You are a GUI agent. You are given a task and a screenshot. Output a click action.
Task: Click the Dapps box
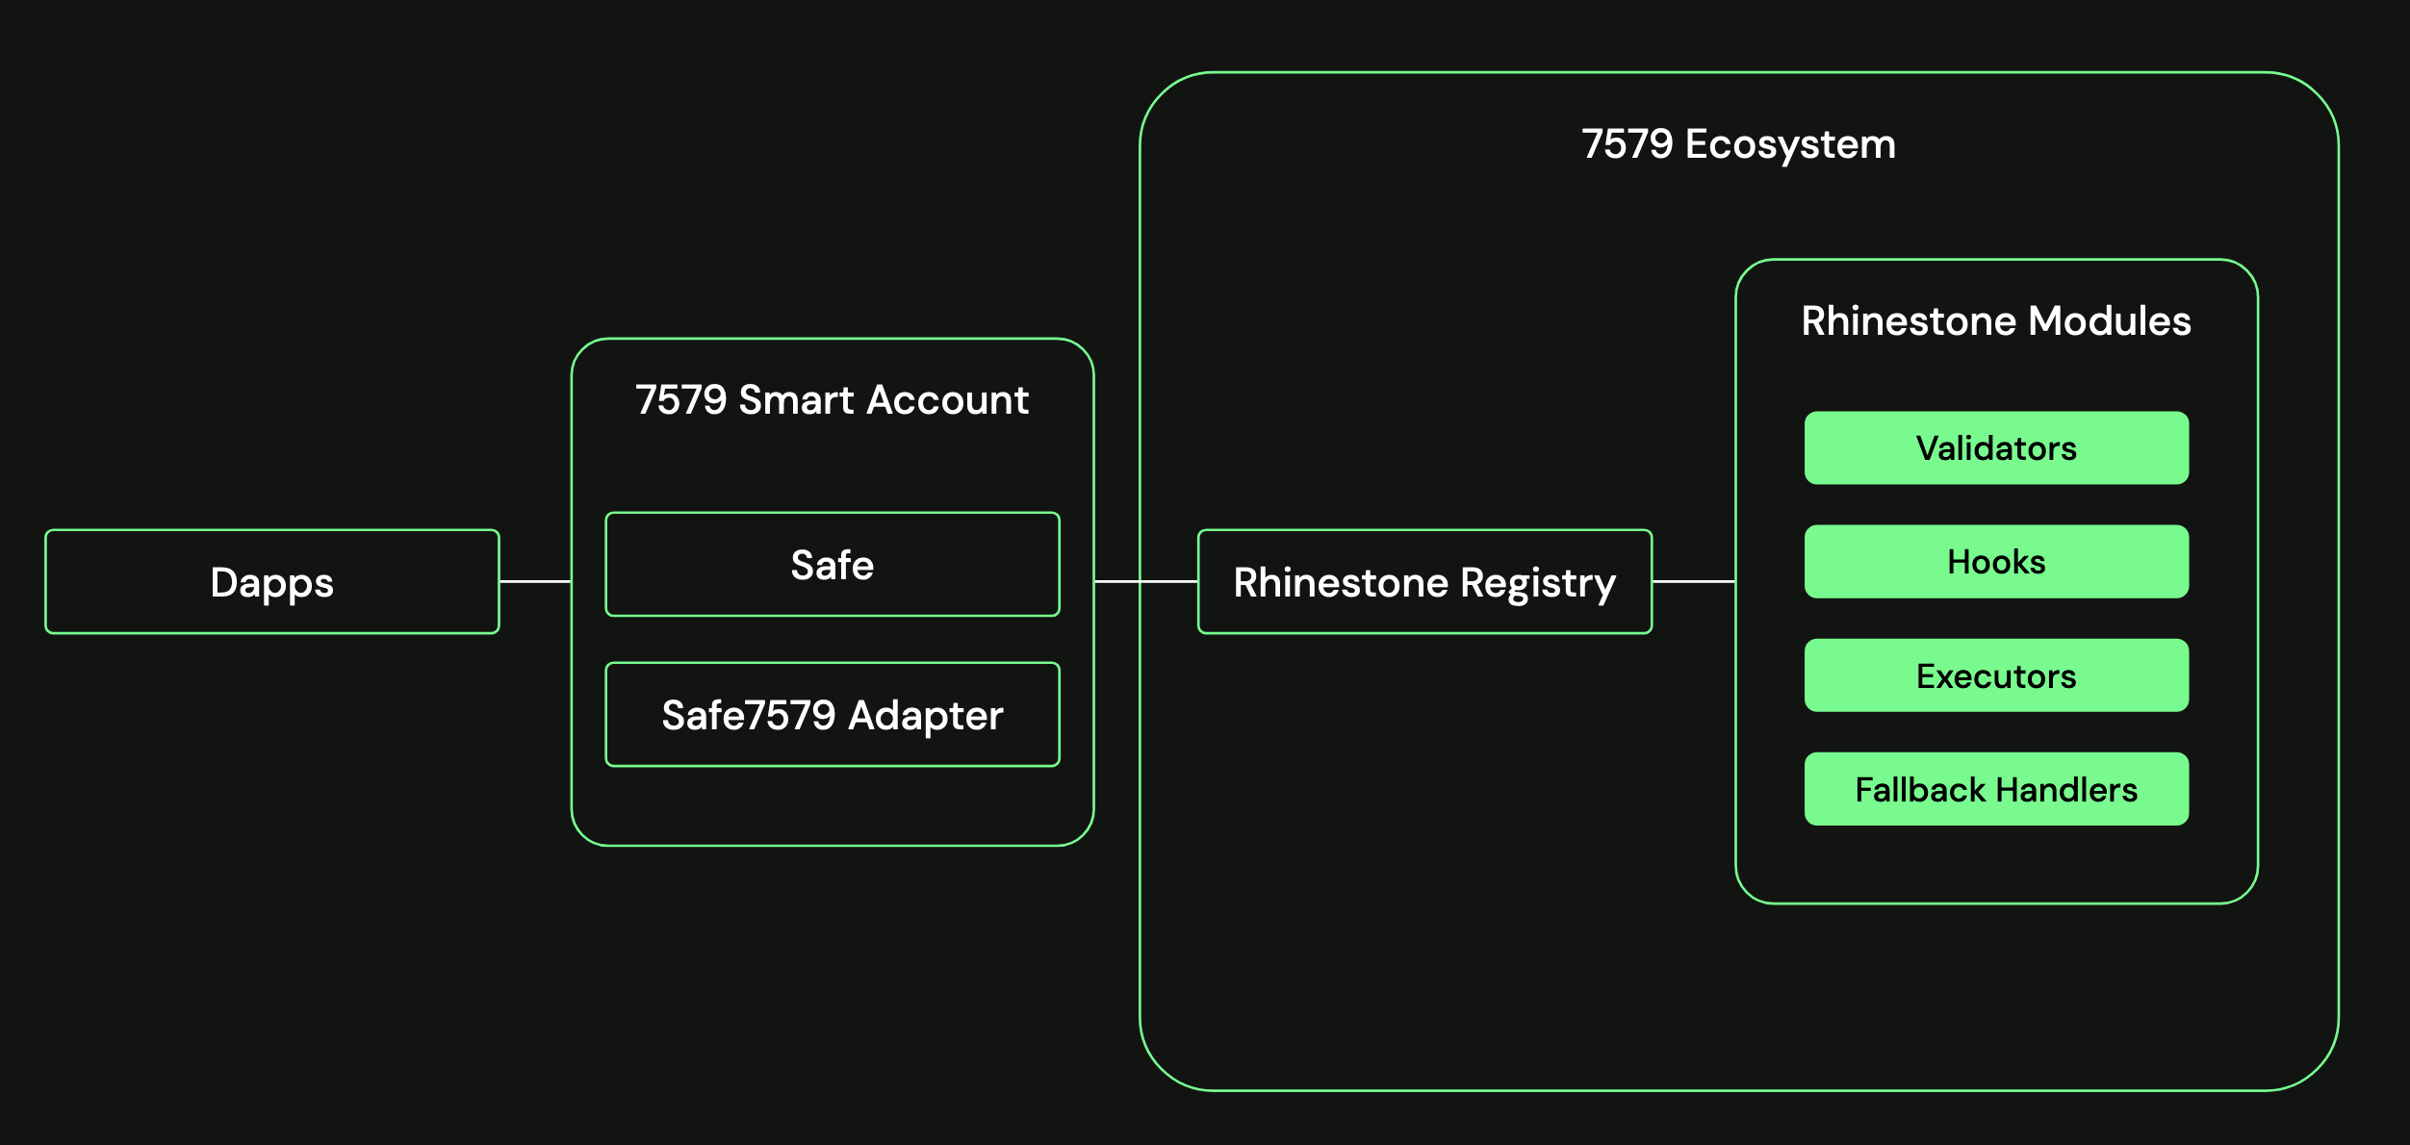(272, 582)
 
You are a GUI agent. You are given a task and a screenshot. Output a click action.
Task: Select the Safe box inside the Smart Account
(833, 565)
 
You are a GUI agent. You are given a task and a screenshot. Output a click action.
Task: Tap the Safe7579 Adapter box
(833, 715)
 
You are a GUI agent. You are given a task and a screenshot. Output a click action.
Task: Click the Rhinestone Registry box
(1424, 582)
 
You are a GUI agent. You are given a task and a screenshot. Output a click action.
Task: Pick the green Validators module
(1996, 448)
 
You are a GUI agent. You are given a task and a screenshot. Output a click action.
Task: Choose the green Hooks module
(1996, 562)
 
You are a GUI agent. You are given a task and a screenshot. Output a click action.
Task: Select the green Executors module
(1996, 675)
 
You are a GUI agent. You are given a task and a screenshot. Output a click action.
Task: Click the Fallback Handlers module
(1996, 790)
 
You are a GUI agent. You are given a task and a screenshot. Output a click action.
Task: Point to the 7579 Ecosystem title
(1738, 144)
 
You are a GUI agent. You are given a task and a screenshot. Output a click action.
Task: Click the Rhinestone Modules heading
(1996, 321)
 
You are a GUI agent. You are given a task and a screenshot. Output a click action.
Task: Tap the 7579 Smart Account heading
(833, 400)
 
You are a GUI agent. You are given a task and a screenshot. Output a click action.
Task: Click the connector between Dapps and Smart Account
(535, 581)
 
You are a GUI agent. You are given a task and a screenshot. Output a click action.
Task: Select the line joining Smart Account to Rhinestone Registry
(1145, 581)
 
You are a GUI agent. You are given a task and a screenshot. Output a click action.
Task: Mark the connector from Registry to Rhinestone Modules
(1694, 581)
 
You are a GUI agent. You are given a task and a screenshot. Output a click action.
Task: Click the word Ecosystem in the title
(1790, 144)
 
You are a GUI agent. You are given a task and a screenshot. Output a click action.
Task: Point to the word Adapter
(926, 715)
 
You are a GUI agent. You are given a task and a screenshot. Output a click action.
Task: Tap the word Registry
(1538, 583)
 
